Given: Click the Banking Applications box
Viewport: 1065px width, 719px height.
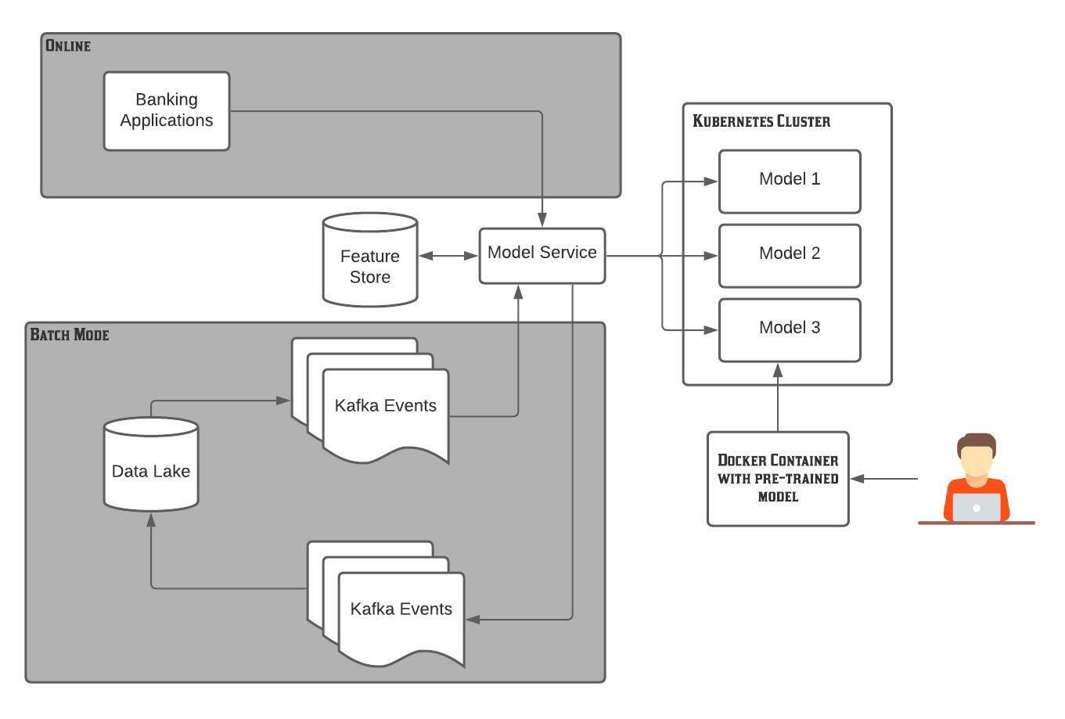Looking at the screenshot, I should pos(167,110).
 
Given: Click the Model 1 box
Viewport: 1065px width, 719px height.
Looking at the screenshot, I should pos(790,181).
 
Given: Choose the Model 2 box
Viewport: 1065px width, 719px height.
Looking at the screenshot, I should pos(790,255).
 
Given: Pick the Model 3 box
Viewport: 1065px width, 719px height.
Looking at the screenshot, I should pos(790,329).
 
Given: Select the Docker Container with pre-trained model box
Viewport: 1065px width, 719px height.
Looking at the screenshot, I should pos(778,478).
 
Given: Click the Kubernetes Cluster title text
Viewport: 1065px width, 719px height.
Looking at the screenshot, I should pos(761,121).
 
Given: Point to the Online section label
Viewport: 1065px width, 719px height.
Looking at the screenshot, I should pos(68,45).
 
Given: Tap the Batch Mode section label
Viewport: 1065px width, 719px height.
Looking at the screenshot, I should pos(70,335).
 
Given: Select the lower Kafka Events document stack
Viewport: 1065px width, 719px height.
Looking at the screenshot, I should pos(400,610).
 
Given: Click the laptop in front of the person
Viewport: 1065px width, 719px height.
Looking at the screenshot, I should pos(976,507).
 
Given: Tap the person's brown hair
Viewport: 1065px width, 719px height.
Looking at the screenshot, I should pos(977,444).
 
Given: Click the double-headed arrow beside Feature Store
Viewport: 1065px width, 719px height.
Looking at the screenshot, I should pos(448,255).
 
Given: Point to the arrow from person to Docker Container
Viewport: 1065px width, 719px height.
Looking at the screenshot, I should pos(884,478).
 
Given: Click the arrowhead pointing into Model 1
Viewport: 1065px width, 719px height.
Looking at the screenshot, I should pos(711,181).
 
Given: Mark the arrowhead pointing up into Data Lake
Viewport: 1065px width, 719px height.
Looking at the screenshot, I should pos(151,519).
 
